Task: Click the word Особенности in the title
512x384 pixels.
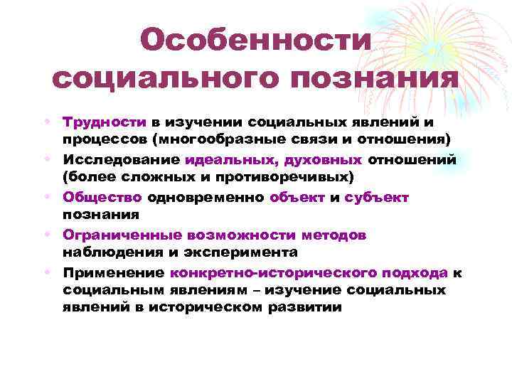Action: pos(256,40)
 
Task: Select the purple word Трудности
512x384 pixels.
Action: pos(104,122)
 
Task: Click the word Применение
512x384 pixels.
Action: pos(114,272)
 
